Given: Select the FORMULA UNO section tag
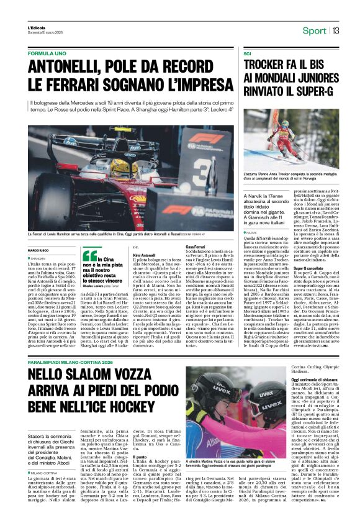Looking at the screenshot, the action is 48,53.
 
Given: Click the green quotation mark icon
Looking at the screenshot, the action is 90,255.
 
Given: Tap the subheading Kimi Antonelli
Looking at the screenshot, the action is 145,255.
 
